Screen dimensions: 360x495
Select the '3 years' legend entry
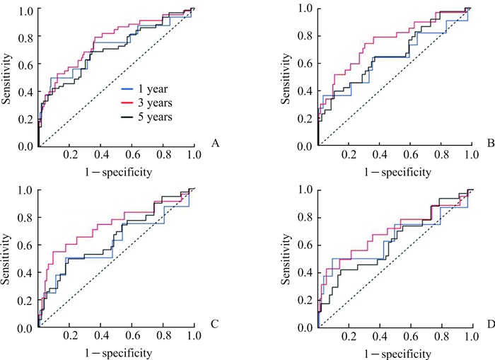(x=147, y=102)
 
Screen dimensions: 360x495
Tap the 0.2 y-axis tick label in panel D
(x=303, y=301)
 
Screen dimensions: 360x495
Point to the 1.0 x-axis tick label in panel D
(x=469, y=339)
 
